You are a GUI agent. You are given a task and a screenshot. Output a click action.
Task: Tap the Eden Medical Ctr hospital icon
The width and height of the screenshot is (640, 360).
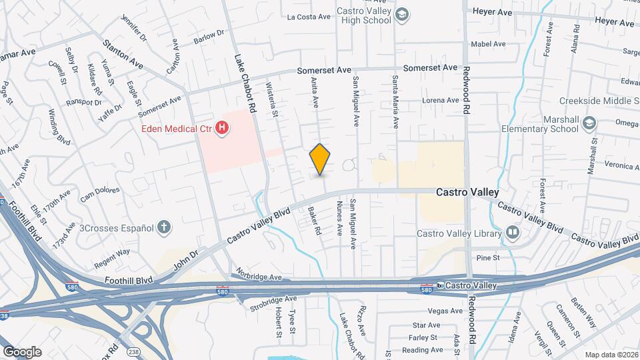tap(222, 127)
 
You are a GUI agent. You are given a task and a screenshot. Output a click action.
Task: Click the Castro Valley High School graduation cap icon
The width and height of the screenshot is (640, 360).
tap(402, 15)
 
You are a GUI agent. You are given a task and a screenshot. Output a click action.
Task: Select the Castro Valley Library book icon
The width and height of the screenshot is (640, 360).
tap(512, 233)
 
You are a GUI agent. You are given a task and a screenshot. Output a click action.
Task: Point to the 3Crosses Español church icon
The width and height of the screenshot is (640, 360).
tap(164, 227)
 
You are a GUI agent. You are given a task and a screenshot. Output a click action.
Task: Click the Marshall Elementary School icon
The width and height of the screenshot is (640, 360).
tap(589, 123)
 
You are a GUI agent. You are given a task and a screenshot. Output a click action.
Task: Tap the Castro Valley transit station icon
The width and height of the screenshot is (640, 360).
tap(440, 285)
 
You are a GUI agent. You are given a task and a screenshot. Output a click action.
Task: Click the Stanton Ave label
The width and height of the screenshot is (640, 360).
tap(123, 53)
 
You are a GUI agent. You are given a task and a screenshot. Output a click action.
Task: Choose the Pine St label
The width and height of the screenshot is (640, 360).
tap(483, 257)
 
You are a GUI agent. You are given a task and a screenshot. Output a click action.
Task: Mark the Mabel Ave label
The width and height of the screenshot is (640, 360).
tap(485, 44)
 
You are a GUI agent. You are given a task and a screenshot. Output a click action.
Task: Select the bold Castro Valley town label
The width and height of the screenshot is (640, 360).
tap(467, 192)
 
